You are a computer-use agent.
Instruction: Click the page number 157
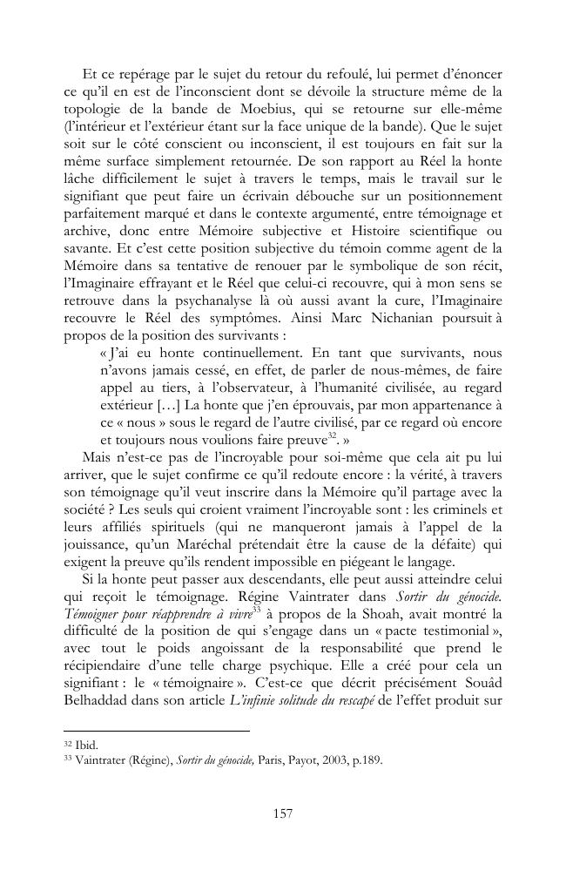pyautogui.click(x=282, y=813)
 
